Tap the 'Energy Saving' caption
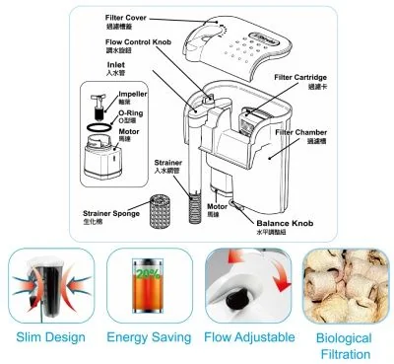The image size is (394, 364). click(x=147, y=338)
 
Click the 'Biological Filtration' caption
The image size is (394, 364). click(x=345, y=345)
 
